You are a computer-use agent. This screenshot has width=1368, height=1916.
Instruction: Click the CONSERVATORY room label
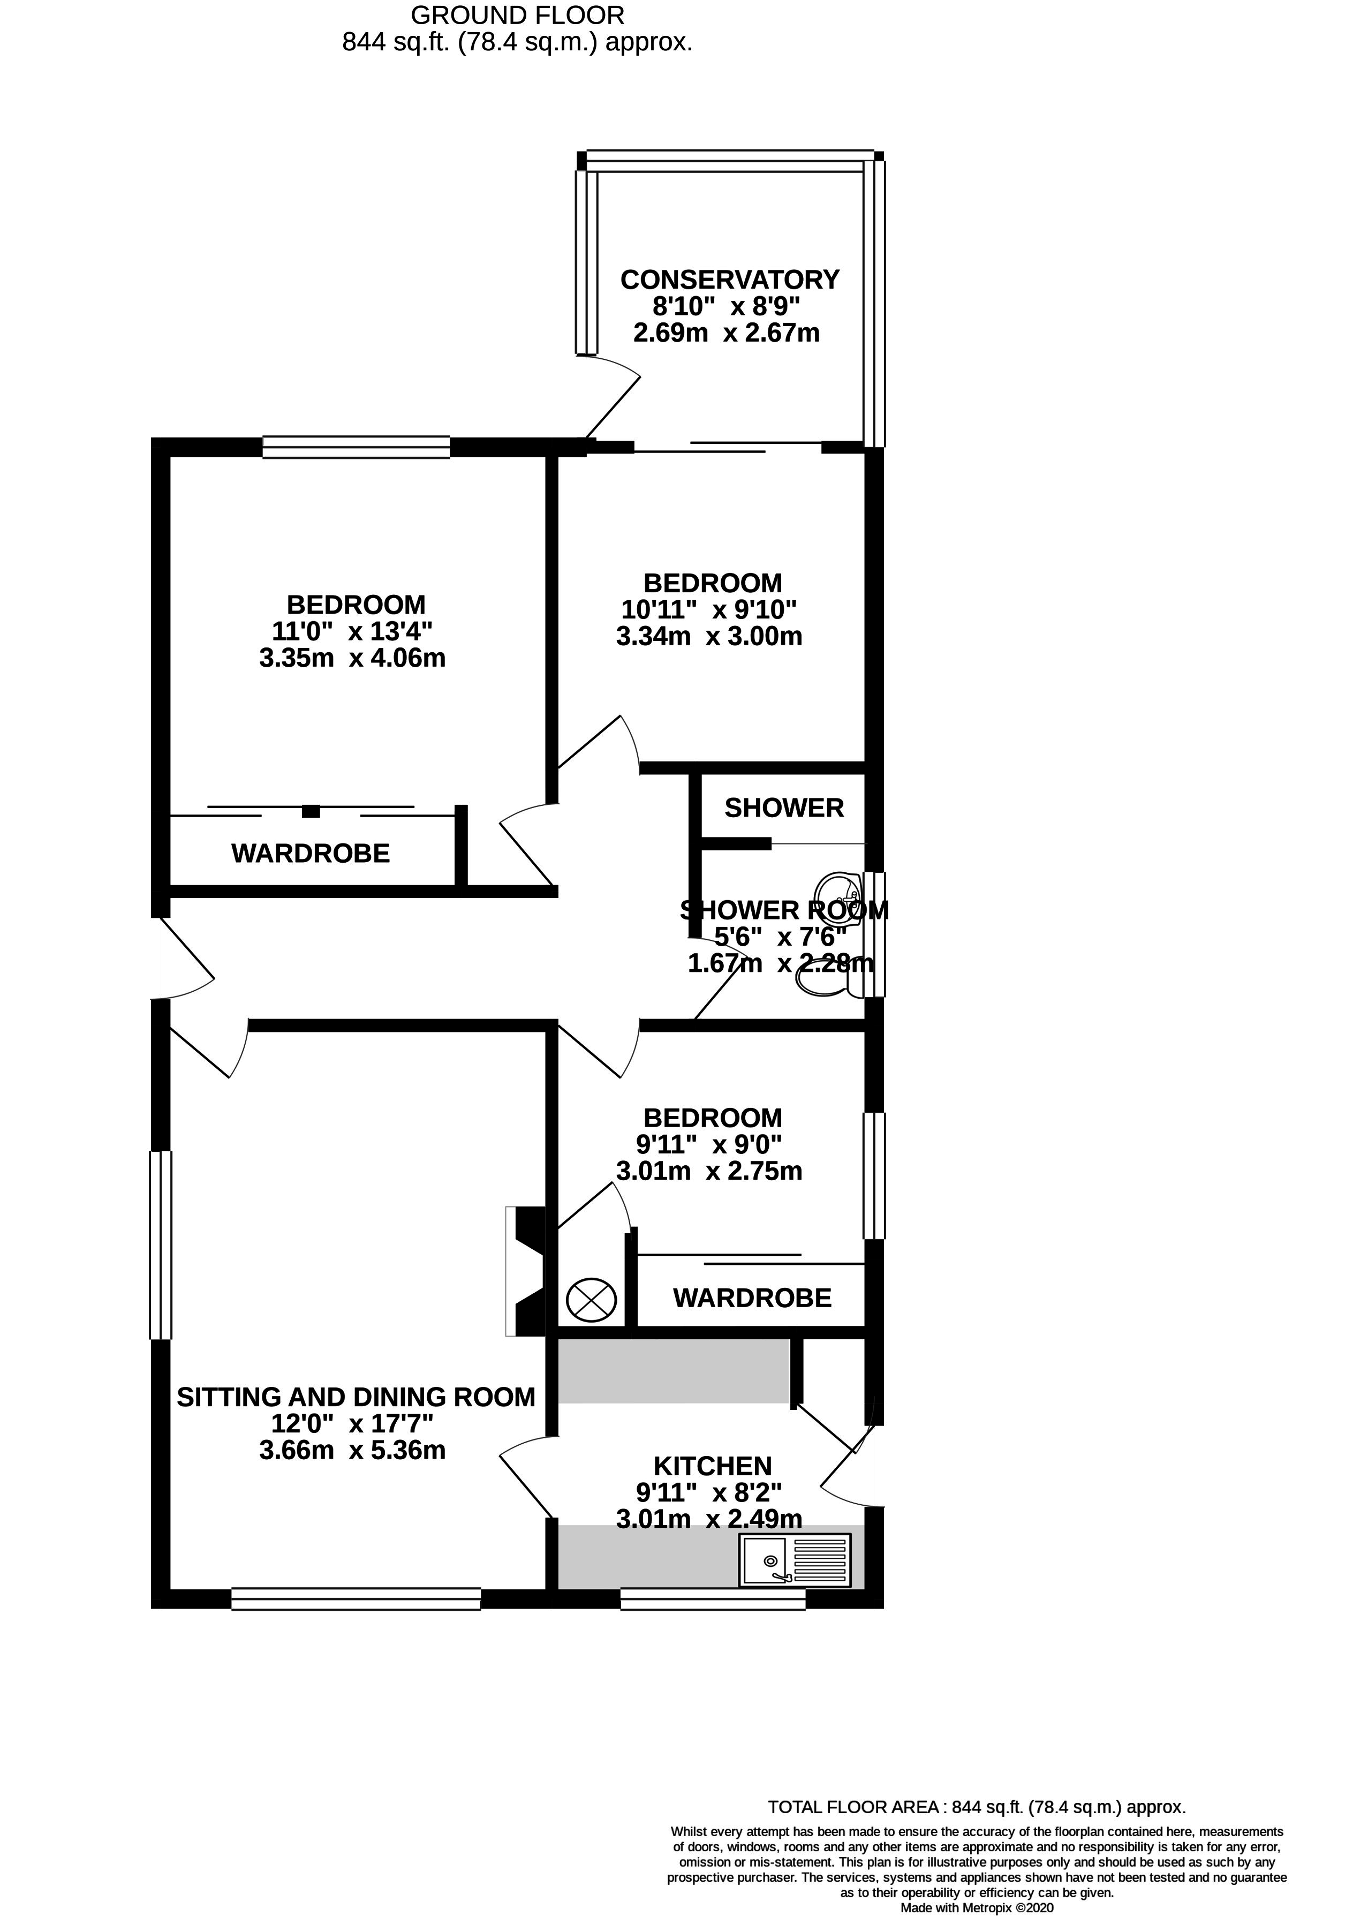(x=729, y=279)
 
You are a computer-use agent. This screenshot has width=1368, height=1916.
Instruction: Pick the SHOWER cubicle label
(x=783, y=808)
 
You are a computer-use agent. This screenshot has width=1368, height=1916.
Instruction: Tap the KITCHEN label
(x=713, y=1466)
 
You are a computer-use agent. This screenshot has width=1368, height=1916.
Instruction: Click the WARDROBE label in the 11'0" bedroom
(x=311, y=854)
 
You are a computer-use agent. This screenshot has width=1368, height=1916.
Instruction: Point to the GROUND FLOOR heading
(x=517, y=15)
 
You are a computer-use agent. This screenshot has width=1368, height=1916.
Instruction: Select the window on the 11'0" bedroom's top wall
(x=356, y=447)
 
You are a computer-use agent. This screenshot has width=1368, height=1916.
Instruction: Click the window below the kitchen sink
(x=713, y=1599)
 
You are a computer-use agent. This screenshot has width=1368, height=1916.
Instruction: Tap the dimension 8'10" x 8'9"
(x=726, y=306)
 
